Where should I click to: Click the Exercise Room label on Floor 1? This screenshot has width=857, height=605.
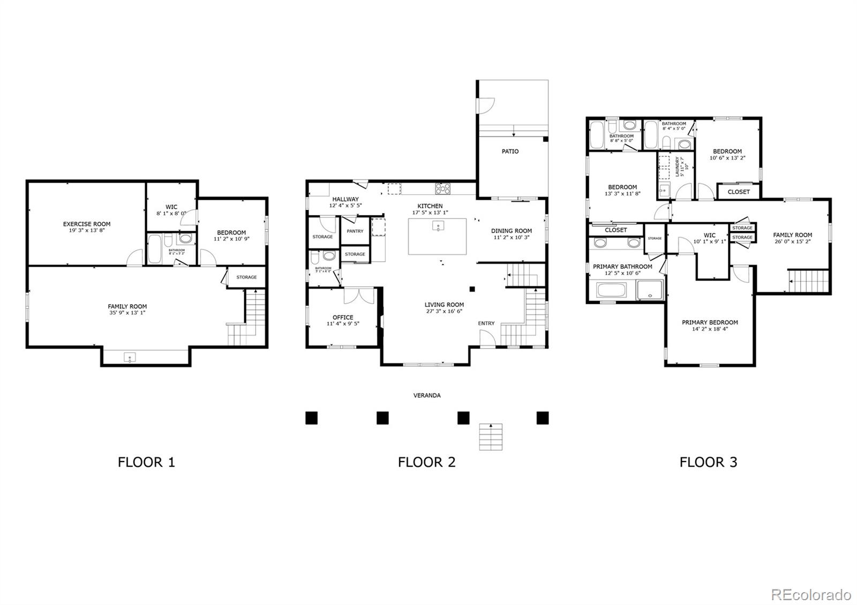(x=87, y=224)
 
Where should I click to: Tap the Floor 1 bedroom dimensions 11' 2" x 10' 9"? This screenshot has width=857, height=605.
(x=231, y=239)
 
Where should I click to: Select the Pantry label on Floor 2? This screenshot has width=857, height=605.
(x=355, y=231)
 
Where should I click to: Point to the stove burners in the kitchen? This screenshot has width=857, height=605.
(x=442, y=188)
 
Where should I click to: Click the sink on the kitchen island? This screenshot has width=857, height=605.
(x=438, y=226)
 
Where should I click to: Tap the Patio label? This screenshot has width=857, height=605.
(x=510, y=152)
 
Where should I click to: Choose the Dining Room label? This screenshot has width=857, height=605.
(x=512, y=231)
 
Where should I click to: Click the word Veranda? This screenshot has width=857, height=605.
(x=427, y=396)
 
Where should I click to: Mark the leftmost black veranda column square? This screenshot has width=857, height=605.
(x=311, y=418)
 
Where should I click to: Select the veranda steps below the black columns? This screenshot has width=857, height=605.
(x=491, y=436)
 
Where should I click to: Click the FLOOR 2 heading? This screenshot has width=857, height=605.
(x=426, y=462)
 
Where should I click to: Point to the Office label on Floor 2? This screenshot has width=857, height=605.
(x=343, y=317)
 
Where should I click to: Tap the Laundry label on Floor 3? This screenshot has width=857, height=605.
(x=679, y=167)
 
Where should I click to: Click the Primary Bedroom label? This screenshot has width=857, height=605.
(x=710, y=322)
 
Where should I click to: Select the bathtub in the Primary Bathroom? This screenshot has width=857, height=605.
(x=611, y=291)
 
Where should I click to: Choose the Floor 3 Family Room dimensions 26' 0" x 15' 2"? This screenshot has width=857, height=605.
(x=792, y=241)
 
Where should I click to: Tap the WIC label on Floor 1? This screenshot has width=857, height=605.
(x=171, y=207)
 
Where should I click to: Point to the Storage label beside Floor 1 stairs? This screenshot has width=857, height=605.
(x=246, y=277)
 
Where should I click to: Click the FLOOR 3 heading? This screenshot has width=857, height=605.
(x=708, y=462)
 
